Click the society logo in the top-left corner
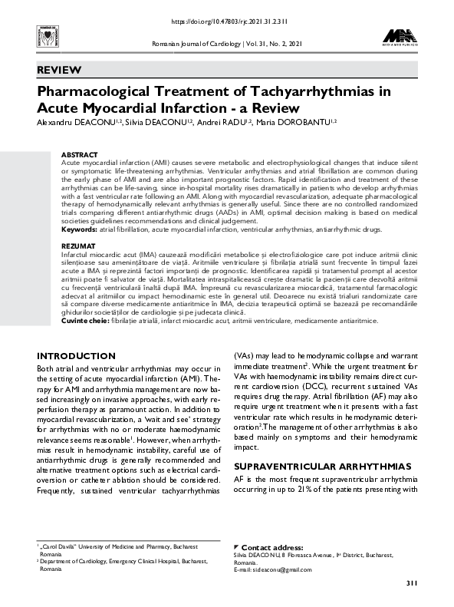tap(38, 35)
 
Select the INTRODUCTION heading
tap(77, 356)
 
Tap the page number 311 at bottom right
tap(411, 586)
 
